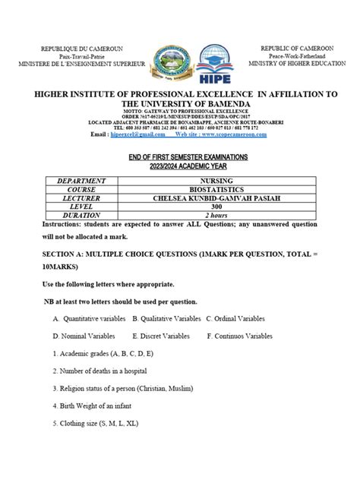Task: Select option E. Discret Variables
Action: [169, 335]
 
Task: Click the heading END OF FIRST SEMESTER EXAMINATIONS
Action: [181, 156]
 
